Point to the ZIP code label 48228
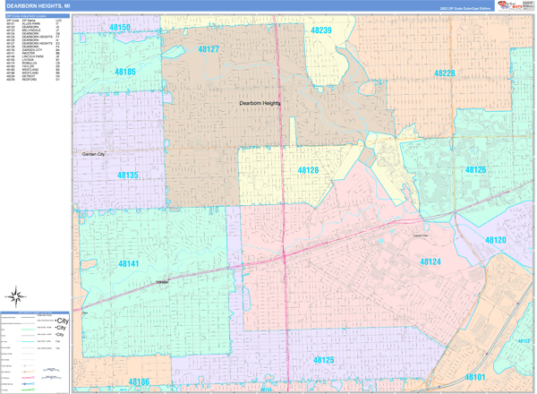[x=445, y=73]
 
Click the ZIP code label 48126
[x=475, y=169]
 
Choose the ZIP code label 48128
[x=308, y=169]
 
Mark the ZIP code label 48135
[x=126, y=176]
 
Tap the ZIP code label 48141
[x=128, y=264]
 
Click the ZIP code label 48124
[x=430, y=261]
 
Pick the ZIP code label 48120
[x=496, y=241]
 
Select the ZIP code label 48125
[x=323, y=360]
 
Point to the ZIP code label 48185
[x=125, y=71]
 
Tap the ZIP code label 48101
[x=474, y=377]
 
